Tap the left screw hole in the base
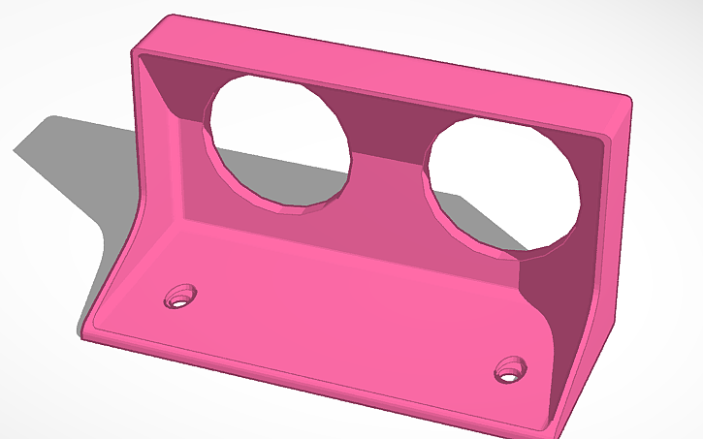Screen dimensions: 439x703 coord(180,296)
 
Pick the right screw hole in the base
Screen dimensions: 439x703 coord(509,369)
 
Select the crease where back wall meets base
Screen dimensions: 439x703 coord(349,246)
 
